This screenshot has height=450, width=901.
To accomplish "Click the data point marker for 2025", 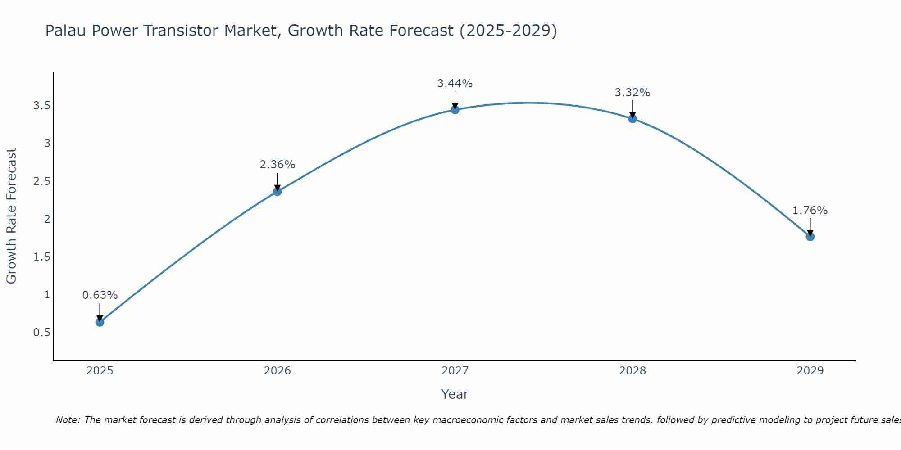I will click(100, 322).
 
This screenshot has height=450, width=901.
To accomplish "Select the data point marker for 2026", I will click(278, 192).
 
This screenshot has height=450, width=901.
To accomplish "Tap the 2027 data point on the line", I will click(455, 110).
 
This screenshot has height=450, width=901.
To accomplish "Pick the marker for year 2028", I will click(633, 119).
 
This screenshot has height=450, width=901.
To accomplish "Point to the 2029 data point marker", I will click(810, 237).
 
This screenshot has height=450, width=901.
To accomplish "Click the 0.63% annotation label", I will click(100, 295).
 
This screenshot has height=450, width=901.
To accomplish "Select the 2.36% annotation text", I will click(278, 165).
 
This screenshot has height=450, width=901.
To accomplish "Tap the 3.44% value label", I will click(455, 84).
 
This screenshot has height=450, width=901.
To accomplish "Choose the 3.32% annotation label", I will click(633, 93).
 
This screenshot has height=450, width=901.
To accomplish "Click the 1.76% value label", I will click(810, 211).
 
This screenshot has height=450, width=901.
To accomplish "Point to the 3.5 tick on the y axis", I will click(41, 106).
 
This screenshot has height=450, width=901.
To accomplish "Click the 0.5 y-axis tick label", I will click(41, 333).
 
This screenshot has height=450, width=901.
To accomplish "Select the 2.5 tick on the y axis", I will click(41, 181).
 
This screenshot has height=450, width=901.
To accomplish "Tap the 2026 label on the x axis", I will click(278, 371).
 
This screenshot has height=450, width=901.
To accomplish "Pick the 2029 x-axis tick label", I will click(810, 371).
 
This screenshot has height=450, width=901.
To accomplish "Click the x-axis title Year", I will click(455, 394).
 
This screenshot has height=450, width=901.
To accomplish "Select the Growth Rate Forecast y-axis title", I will click(11, 216).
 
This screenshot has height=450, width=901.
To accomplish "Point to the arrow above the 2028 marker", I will click(633, 109).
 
